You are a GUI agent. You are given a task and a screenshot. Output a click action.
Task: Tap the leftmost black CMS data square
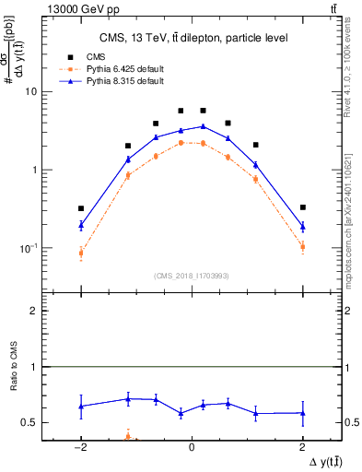[x=81, y=208]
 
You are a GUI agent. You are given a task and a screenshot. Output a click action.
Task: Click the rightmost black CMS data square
[x=302, y=207]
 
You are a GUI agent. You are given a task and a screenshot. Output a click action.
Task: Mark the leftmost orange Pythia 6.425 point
[x=81, y=253]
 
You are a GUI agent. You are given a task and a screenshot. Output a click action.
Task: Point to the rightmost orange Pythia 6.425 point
[x=302, y=246]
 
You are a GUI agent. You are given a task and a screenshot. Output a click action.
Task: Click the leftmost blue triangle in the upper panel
[x=81, y=224]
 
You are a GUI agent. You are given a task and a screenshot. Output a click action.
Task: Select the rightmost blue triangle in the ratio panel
[x=302, y=413]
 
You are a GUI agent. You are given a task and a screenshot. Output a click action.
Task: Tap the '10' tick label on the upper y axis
[x=30, y=92]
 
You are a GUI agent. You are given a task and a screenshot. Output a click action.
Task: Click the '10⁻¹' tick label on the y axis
[x=28, y=248]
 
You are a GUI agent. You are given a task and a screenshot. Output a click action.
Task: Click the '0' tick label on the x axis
[x=192, y=445]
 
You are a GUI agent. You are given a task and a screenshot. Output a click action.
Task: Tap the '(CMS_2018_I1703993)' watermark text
[x=192, y=276]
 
